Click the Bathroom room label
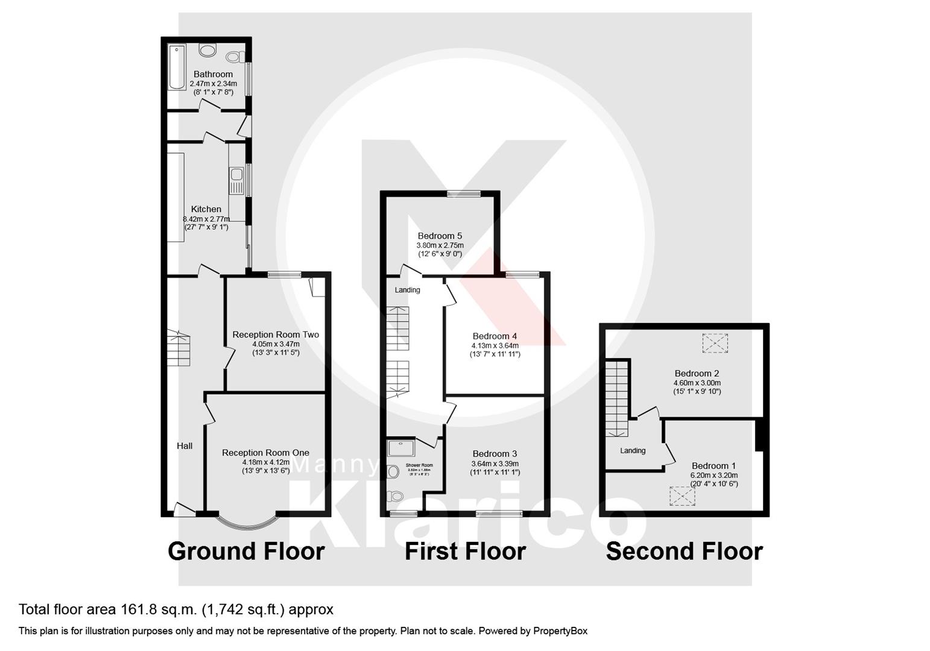coord(213,74)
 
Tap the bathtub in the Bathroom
coord(177,67)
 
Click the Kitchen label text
coord(206,209)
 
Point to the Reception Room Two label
coord(276,335)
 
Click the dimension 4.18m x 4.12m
coord(266,462)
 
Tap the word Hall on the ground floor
coord(185,446)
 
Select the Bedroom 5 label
coord(440,236)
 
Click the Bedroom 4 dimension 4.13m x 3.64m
coord(495,345)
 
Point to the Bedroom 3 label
coord(495,454)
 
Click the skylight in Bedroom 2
coord(715,342)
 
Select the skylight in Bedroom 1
coord(682,495)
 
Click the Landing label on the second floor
coord(633,450)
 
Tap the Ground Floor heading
coord(246,551)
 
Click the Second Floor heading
coord(684,551)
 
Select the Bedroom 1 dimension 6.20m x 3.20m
coord(714,475)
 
